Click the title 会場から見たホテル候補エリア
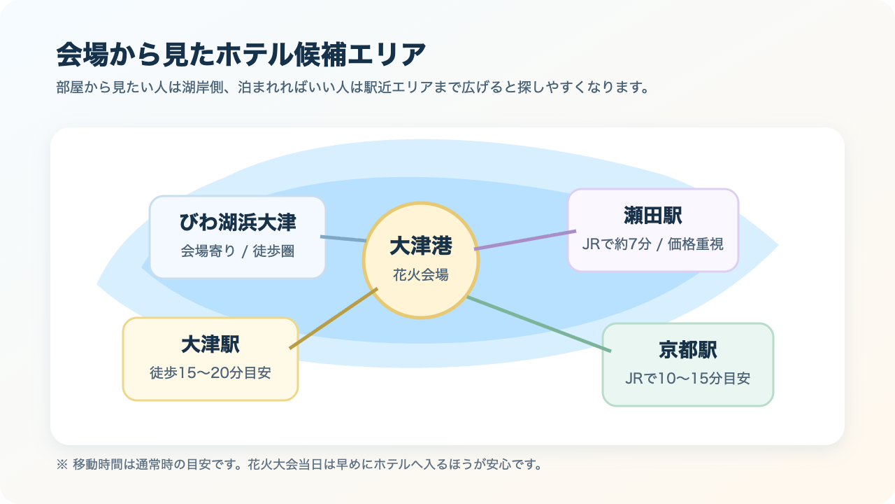point(241,54)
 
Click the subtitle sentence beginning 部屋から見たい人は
point(353,89)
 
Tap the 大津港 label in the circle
point(421,246)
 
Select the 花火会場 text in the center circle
point(421,275)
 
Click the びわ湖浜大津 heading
point(238,223)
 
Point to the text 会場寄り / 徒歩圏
point(238,251)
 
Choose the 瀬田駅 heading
point(653,216)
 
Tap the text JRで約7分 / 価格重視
point(653,244)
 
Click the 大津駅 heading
point(210,344)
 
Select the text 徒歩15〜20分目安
point(210,373)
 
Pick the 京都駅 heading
point(688,350)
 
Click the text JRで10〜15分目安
point(688,379)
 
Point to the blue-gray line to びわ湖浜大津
point(343,239)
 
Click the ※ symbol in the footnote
point(61,464)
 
